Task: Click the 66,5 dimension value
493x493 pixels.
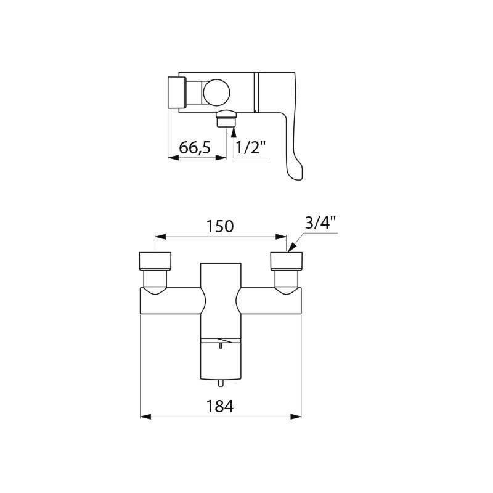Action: tap(195, 148)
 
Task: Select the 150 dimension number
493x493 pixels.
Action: tap(220, 226)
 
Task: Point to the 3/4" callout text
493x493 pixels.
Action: tap(321, 223)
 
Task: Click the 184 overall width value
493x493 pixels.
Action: tap(220, 406)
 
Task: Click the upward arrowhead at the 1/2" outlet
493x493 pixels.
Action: tap(233, 128)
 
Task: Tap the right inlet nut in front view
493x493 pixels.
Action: tap(287, 261)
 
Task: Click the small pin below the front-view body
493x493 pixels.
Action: tap(220, 383)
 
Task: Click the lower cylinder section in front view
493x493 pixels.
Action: tap(220, 361)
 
